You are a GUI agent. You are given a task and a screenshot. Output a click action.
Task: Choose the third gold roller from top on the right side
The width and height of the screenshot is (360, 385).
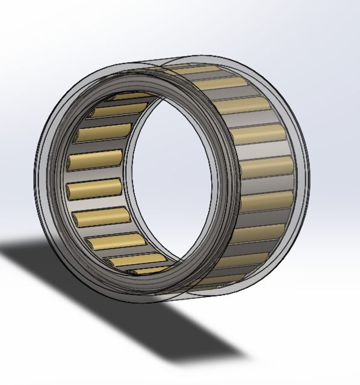click(x=250, y=106)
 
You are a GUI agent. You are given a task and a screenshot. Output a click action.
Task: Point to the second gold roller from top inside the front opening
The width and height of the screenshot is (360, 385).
click(x=118, y=111)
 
